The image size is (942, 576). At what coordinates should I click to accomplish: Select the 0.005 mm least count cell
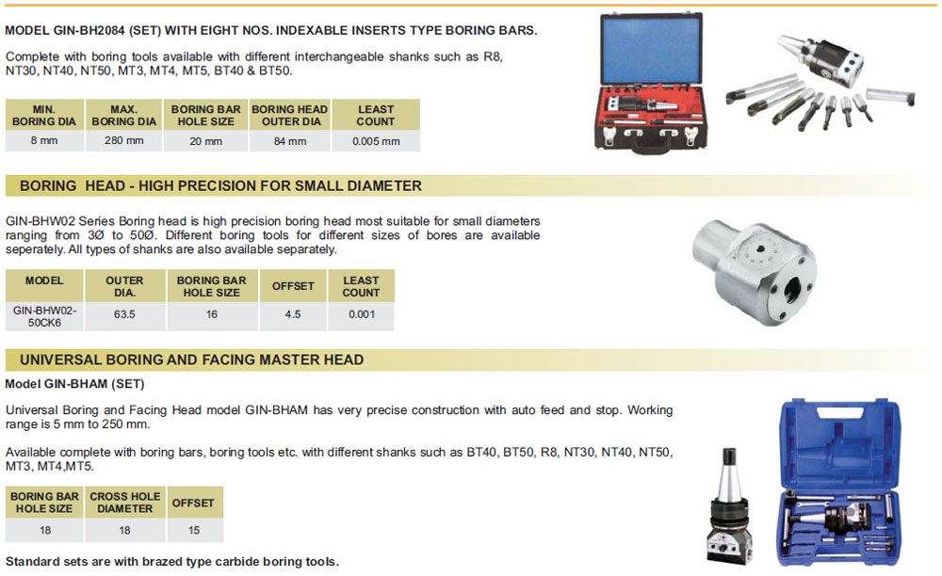376,141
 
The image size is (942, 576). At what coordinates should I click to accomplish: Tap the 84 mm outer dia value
289,141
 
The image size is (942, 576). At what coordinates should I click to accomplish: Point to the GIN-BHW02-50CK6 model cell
44,315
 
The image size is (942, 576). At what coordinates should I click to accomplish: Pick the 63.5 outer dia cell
124,314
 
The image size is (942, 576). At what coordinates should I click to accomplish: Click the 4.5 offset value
292,314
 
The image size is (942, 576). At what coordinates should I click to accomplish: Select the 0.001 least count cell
361,314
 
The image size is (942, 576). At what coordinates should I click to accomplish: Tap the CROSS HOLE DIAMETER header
124,503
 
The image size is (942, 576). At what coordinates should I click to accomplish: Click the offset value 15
192,531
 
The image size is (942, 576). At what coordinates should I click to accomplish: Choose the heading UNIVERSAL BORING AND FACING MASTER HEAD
191,360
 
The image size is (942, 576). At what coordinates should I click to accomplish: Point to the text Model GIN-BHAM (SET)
74,384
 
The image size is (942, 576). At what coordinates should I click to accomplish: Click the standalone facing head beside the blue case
728,508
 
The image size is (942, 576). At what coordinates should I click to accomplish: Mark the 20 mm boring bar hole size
205,141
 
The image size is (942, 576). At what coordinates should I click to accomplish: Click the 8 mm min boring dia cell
45,141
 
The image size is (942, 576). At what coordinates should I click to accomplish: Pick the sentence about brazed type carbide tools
171,562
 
